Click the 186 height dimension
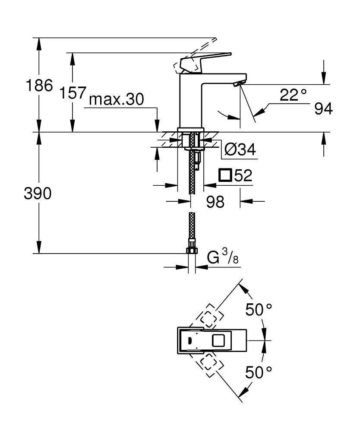pos(39,85)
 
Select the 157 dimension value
pos(71,93)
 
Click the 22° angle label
pos(293,95)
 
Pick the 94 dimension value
pos(323,109)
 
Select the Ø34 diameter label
pos(240,149)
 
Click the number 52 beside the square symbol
pos(243,175)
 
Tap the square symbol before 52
pos(225,175)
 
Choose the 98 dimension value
pos(215,201)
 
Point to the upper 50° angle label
pos(259,309)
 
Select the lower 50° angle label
pos(259,372)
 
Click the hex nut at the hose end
pos(191,251)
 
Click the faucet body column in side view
pos(190,104)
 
